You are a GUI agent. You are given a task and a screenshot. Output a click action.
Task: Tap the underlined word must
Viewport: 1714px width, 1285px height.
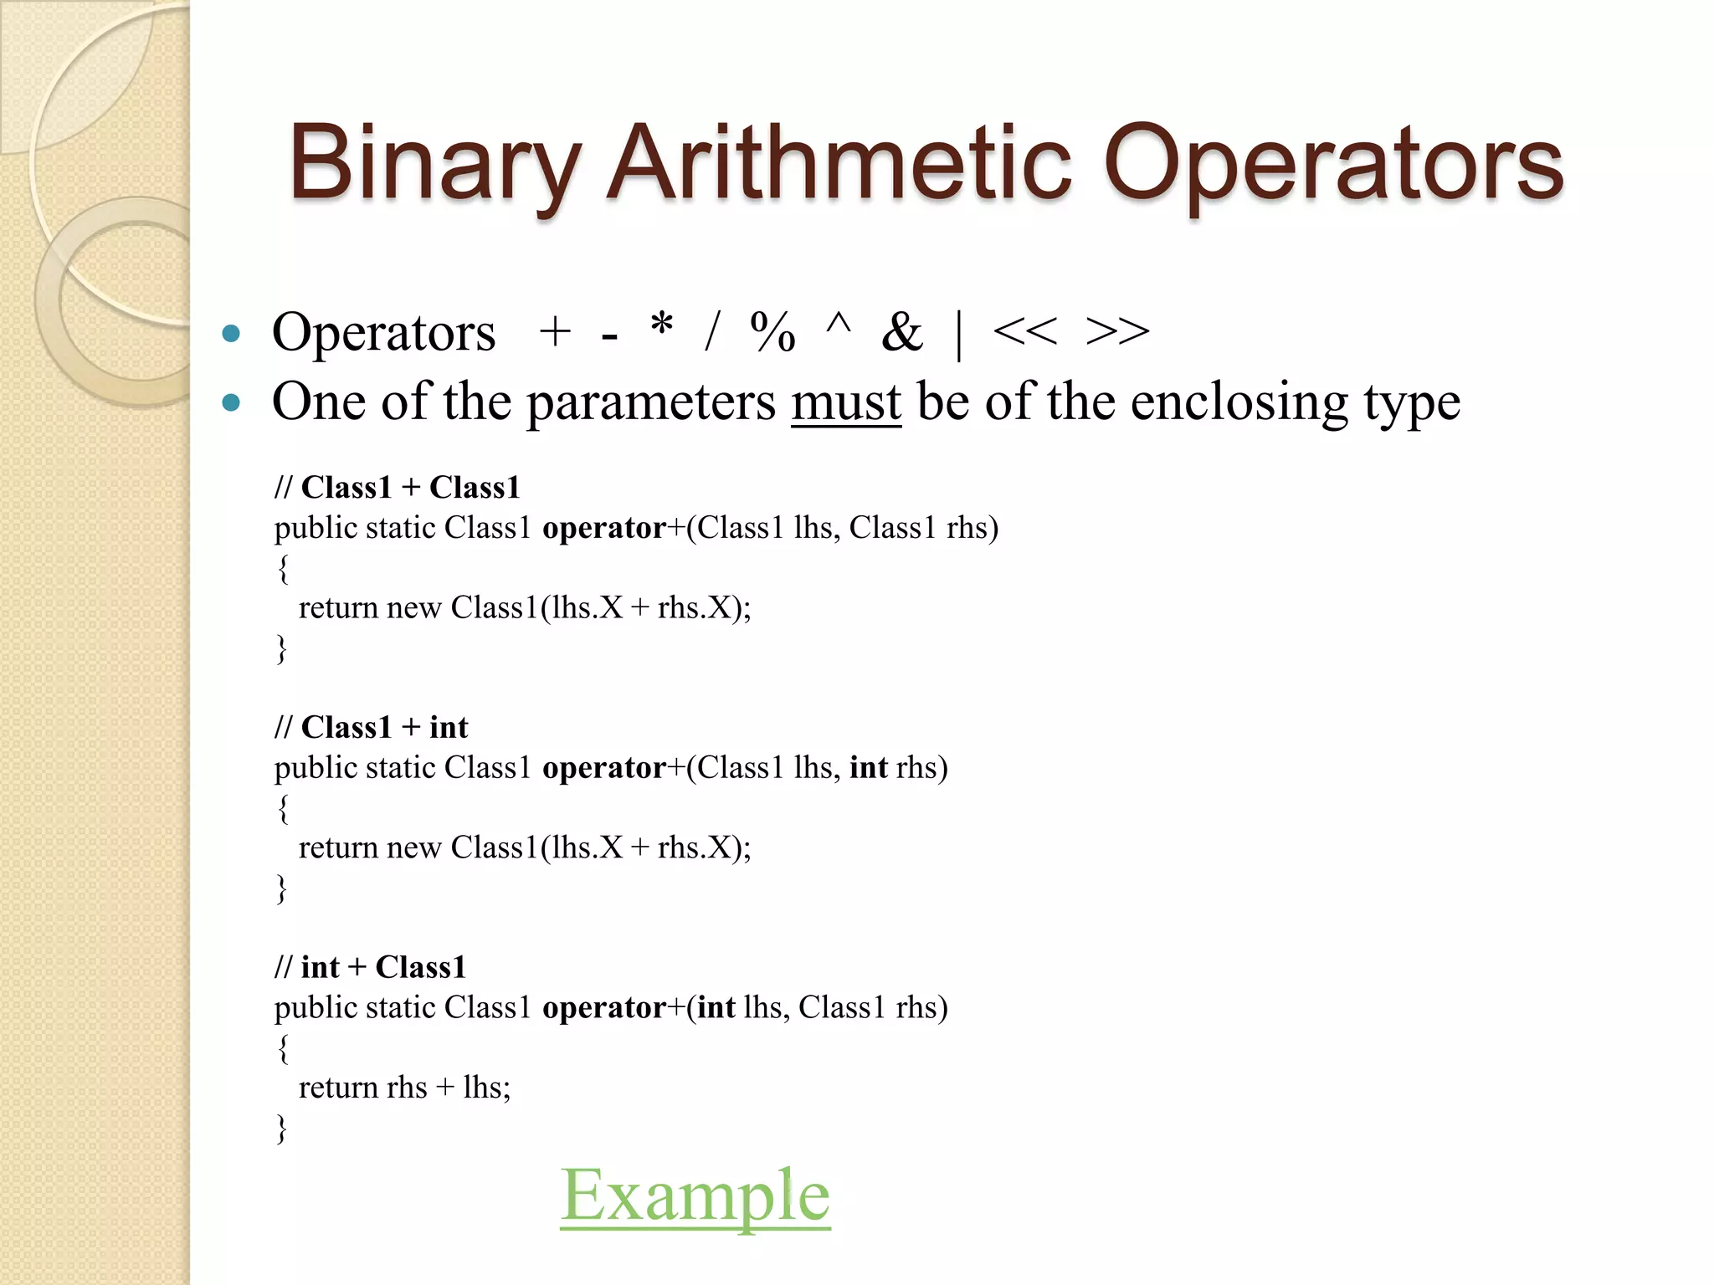(x=845, y=402)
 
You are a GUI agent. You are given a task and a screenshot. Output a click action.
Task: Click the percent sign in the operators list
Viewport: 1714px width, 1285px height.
(x=772, y=332)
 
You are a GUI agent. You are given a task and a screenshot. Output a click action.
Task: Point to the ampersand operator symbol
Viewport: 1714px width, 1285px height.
(x=901, y=332)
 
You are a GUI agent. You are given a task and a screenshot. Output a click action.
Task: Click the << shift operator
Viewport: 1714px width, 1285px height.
(x=1024, y=332)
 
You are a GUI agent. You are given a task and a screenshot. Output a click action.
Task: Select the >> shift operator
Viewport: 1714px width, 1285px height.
(x=1116, y=332)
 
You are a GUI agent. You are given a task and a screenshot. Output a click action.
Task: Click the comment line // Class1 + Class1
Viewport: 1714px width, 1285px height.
(x=397, y=487)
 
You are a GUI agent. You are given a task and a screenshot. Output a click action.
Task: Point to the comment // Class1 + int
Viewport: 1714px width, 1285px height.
(x=371, y=727)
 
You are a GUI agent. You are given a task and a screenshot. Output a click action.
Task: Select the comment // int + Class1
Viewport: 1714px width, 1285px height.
(x=370, y=967)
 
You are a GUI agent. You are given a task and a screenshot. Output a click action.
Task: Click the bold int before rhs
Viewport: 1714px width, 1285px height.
(x=868, y=767)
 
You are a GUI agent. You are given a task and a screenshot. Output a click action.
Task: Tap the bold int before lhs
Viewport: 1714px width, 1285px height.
(x=716, y=1007)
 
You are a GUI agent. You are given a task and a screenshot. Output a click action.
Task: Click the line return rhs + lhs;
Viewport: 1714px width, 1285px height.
(x=404, y=1088)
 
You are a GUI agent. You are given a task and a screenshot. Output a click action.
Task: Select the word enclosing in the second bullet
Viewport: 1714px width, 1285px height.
(x=1239, y=402)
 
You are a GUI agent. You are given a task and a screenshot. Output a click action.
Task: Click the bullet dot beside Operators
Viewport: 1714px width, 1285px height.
(x=232, y=335)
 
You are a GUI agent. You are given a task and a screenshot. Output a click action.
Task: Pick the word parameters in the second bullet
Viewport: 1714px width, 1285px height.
(x=650, y=402)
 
